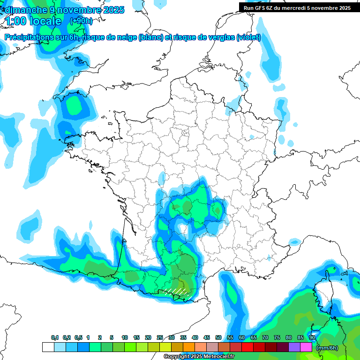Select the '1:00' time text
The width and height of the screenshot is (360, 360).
15,21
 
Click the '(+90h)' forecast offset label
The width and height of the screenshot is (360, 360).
81,21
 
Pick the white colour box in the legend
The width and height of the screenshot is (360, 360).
48,347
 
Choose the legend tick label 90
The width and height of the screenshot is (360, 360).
312,337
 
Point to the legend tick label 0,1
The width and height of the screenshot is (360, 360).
54,337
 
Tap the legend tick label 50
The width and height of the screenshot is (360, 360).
218,337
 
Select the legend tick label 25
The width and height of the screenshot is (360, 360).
160,337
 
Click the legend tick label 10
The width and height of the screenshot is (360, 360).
125,337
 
